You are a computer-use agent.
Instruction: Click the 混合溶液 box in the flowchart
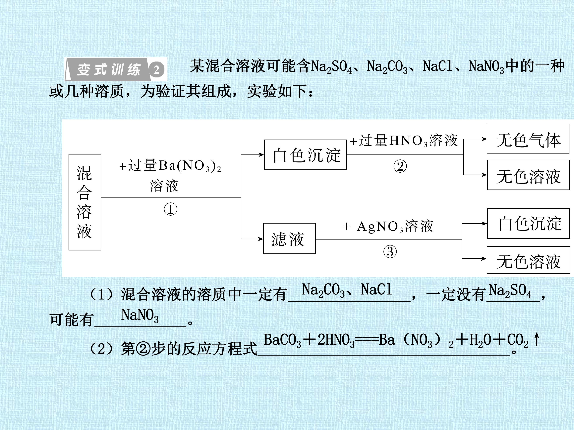85,202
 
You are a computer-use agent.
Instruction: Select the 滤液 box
289,238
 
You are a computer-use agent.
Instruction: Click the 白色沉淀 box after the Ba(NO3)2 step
305,155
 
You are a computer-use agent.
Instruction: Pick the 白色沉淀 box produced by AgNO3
528,223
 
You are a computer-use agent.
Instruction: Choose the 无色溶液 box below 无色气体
528,175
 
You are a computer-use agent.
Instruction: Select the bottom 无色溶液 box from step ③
528,260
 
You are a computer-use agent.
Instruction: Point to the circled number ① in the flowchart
170,209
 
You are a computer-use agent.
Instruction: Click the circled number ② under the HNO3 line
400,166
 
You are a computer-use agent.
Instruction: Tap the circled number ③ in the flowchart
390,252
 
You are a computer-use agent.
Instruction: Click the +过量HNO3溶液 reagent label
404,141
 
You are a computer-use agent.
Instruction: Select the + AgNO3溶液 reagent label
388,226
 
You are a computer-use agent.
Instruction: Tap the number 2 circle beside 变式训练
156,69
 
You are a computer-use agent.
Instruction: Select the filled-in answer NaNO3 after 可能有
140,316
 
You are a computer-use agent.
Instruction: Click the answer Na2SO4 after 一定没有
510,291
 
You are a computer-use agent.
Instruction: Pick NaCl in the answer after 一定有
376,289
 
